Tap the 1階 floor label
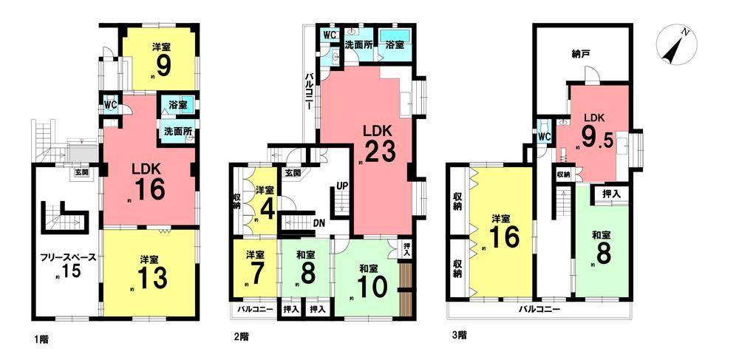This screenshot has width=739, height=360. coord(41,338)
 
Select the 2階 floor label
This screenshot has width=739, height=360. coord(242,336)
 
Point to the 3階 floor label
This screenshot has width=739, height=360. coord(459,336)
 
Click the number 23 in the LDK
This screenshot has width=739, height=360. coord(379,150)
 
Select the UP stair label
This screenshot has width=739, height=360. coord(342,186)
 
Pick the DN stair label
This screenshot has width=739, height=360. coord(319,222)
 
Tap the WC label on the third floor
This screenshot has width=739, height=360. coord(544,136)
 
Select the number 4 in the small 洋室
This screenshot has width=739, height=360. coord(268,210)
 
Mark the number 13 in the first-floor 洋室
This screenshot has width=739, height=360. coord(153,279)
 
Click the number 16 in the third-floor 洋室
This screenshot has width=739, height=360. coord(504,239)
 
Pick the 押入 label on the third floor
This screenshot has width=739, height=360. coord(611,194)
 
